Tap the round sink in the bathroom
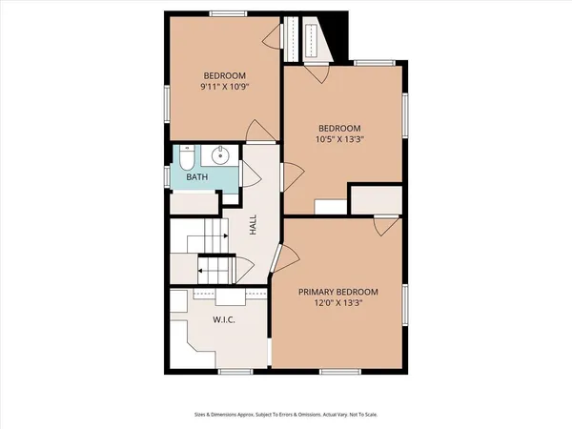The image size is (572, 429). click(x=219, y=155)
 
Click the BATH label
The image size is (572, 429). click(x=196, y=177)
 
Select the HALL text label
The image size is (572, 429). click(x=253, y=225)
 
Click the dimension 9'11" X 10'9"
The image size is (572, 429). click(x=224, y=88)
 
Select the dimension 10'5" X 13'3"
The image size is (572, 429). click(x=340, y=139)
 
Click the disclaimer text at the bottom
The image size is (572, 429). click(x=285, y=416)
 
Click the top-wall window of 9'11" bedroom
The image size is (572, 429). click(x=224, y=13)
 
